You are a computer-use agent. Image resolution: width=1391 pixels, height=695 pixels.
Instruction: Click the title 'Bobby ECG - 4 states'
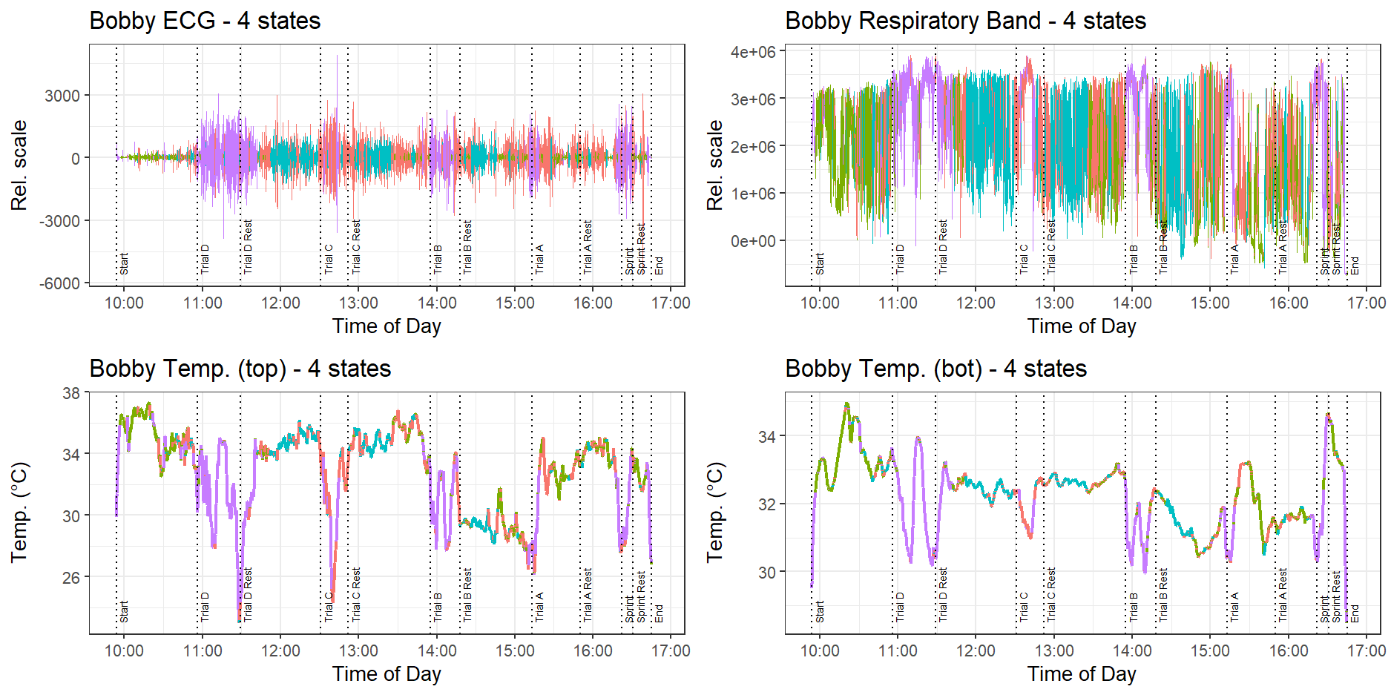(x=205, y=21)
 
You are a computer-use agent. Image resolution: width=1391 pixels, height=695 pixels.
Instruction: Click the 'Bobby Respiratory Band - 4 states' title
(x=965, y=21)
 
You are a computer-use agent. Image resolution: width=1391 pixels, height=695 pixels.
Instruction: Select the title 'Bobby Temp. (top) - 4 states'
(x=240, y=369)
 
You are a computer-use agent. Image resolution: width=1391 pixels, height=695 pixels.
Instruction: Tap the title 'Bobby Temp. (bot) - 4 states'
(x=935, y=369)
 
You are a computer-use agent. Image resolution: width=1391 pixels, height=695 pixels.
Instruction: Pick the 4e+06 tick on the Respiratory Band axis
(x=753, y=52)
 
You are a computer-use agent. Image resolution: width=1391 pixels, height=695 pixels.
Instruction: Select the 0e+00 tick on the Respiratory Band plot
(x=753, y=241)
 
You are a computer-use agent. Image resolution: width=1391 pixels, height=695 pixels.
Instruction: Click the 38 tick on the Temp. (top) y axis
(x=71, y=393)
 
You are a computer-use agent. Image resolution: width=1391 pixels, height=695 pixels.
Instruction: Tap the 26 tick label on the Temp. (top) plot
(x=71, y=577)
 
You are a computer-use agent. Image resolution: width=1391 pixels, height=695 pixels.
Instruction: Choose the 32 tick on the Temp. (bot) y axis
(x=767, y=504)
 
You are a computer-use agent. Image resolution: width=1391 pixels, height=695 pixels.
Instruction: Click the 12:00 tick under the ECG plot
(x=280, y=303)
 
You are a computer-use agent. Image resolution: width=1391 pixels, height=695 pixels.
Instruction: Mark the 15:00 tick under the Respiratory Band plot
(x=1210, y=303)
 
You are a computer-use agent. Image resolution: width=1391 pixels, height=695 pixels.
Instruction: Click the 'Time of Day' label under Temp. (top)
(x=387, y=673)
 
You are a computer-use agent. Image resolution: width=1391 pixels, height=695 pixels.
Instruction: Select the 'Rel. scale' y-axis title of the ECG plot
(x=19, y=165)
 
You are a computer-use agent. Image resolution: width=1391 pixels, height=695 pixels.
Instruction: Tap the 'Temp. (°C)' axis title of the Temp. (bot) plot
(x=715, y=513)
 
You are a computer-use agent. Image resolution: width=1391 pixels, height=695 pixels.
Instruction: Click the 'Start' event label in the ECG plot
(x=124, y=263)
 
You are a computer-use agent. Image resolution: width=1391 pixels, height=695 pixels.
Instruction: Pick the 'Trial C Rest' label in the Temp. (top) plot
(x=356, y=594)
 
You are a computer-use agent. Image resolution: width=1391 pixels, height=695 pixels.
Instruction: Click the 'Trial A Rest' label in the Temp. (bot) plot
(x=1283, y=594)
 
